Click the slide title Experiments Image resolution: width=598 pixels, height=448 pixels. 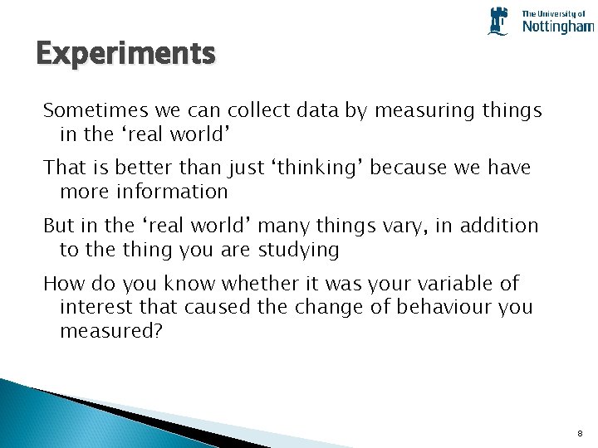point(125,54)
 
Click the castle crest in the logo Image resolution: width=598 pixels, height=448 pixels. point(498,21)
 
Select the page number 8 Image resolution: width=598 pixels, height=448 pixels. point(579,433)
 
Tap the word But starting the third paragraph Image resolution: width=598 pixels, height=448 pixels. point(58,226)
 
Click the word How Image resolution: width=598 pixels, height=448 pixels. point(61,284)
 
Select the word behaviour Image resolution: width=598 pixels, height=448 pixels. point(446,307)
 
